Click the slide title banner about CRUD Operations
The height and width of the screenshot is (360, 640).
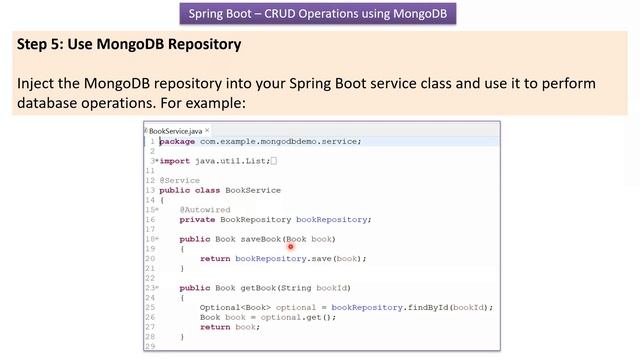coord(320,14)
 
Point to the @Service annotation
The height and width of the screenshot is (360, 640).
coord(180,180)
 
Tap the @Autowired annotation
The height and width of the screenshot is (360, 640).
coord(201,209)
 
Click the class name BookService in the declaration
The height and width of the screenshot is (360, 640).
coord(253,190)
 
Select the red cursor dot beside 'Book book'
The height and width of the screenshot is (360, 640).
coord(290,246)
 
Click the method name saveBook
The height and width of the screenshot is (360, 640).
coord(259,238)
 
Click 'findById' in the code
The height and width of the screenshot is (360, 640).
coord(426,307)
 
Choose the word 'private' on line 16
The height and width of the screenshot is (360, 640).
coord(197,219)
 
